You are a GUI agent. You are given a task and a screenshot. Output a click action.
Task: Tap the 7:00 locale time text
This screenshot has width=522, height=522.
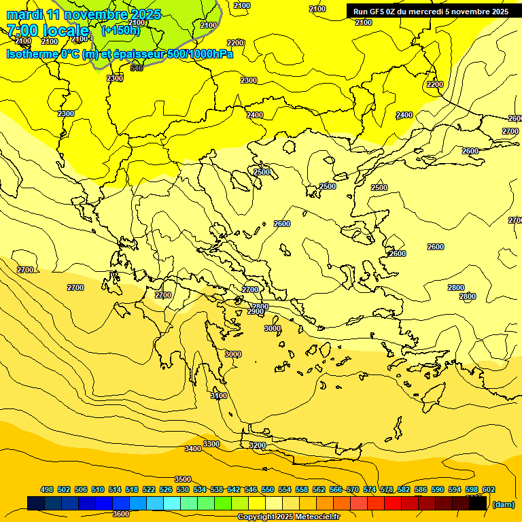[x=48, y=31]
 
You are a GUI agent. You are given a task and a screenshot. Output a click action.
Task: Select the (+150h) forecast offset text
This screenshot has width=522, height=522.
[x=120, y=31]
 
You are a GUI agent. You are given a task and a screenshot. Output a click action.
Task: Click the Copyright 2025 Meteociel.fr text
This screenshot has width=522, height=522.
[x=288, y=517]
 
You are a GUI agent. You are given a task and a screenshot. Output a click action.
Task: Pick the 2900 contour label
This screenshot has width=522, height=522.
[x=256, y=311]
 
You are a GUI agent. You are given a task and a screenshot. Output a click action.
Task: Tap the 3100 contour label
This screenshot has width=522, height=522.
[x=219, y=396]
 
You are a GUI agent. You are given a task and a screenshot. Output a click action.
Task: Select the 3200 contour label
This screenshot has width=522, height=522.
[x=257, y=445]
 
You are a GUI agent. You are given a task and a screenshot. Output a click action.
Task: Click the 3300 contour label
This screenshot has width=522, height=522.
[x=211, y=444]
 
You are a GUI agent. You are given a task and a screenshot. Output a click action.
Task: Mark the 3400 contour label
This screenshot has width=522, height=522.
[x=193, y=449]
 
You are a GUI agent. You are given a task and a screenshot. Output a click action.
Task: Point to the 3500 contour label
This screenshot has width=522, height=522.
[x=183, y=479]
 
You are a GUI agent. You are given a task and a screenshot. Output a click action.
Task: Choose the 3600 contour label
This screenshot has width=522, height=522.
[x=121, y=514]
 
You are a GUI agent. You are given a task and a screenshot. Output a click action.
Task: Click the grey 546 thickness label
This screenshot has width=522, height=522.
[x=137, y=68]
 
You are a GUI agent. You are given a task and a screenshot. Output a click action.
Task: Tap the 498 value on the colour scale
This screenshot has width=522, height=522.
[x=47, y=489]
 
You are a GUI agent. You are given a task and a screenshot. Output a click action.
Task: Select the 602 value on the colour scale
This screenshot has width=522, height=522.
[x=489, y=489]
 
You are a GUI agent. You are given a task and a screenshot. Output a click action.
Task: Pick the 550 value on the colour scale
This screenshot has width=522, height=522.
[x=268, y=489]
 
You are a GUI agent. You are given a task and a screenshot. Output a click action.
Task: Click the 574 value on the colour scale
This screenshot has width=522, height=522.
[x=370, y=489]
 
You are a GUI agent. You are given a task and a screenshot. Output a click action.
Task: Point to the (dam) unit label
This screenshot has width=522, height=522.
[x=504, y=504]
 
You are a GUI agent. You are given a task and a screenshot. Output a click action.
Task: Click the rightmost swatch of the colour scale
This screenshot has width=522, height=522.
[x=478, y=503]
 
